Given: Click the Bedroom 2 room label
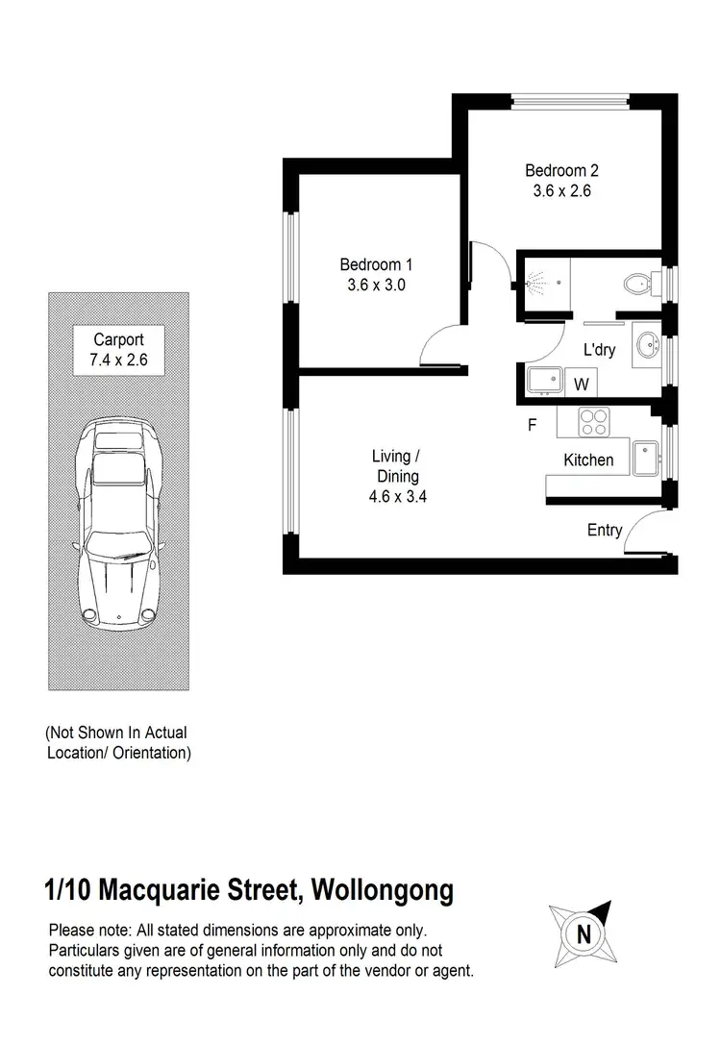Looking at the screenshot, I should click(x=561, y=171).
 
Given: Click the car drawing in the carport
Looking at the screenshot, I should click(x=118, y=519).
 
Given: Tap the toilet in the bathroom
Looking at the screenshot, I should click(x=636, y=285).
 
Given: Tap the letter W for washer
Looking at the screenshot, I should click(x=581, y=385).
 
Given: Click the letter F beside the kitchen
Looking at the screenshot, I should click(x=532, y=425).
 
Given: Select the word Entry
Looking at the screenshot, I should click(x=605, y=530).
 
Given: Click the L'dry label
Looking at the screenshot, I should click(x=599, y=350).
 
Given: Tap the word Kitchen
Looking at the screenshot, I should click(x=588, y=460).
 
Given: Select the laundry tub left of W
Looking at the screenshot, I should click(x=545, y=381).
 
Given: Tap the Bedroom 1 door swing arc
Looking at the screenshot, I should click(x=442, y=344).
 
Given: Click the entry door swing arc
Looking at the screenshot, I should click(x=641, y=534).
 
